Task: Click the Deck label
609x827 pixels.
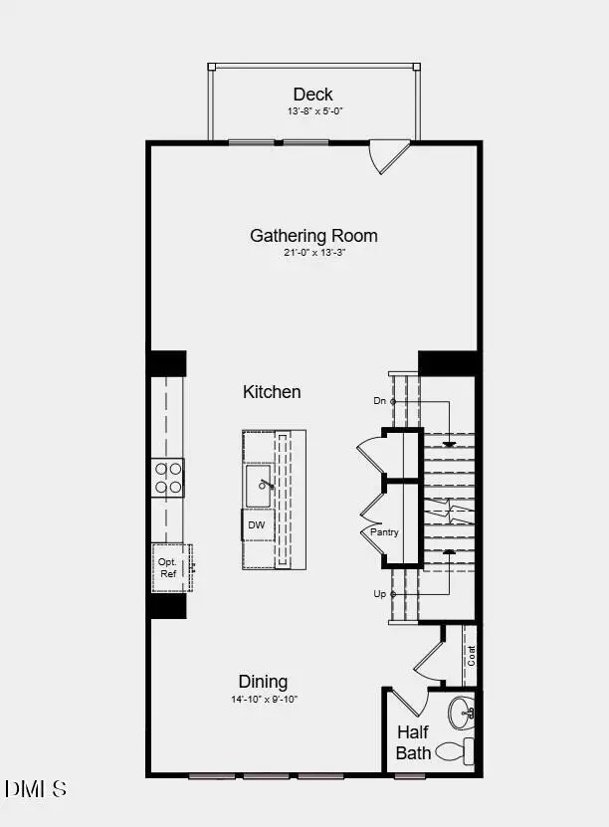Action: [312, 95]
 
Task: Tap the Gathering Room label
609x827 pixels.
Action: [313, 236]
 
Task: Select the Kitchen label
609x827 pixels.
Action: [272, 392]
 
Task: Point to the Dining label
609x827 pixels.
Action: [263, 682]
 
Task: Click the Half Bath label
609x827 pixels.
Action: [413, 742]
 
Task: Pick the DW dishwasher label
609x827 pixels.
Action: [256, 524]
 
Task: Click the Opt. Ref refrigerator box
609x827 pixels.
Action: [170, 568]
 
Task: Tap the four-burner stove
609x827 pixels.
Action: [168, 477]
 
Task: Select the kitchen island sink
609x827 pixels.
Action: [260, 486]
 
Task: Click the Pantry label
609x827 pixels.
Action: [384, 532]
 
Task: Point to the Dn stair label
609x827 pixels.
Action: [379, 401]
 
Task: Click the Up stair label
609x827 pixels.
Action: [379, 594]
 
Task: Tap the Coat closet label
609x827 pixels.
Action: [472, 655]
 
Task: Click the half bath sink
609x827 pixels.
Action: [462, 713]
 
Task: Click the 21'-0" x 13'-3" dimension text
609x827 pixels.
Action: [313, 253]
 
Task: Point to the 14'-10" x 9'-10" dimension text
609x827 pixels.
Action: [263, 699]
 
